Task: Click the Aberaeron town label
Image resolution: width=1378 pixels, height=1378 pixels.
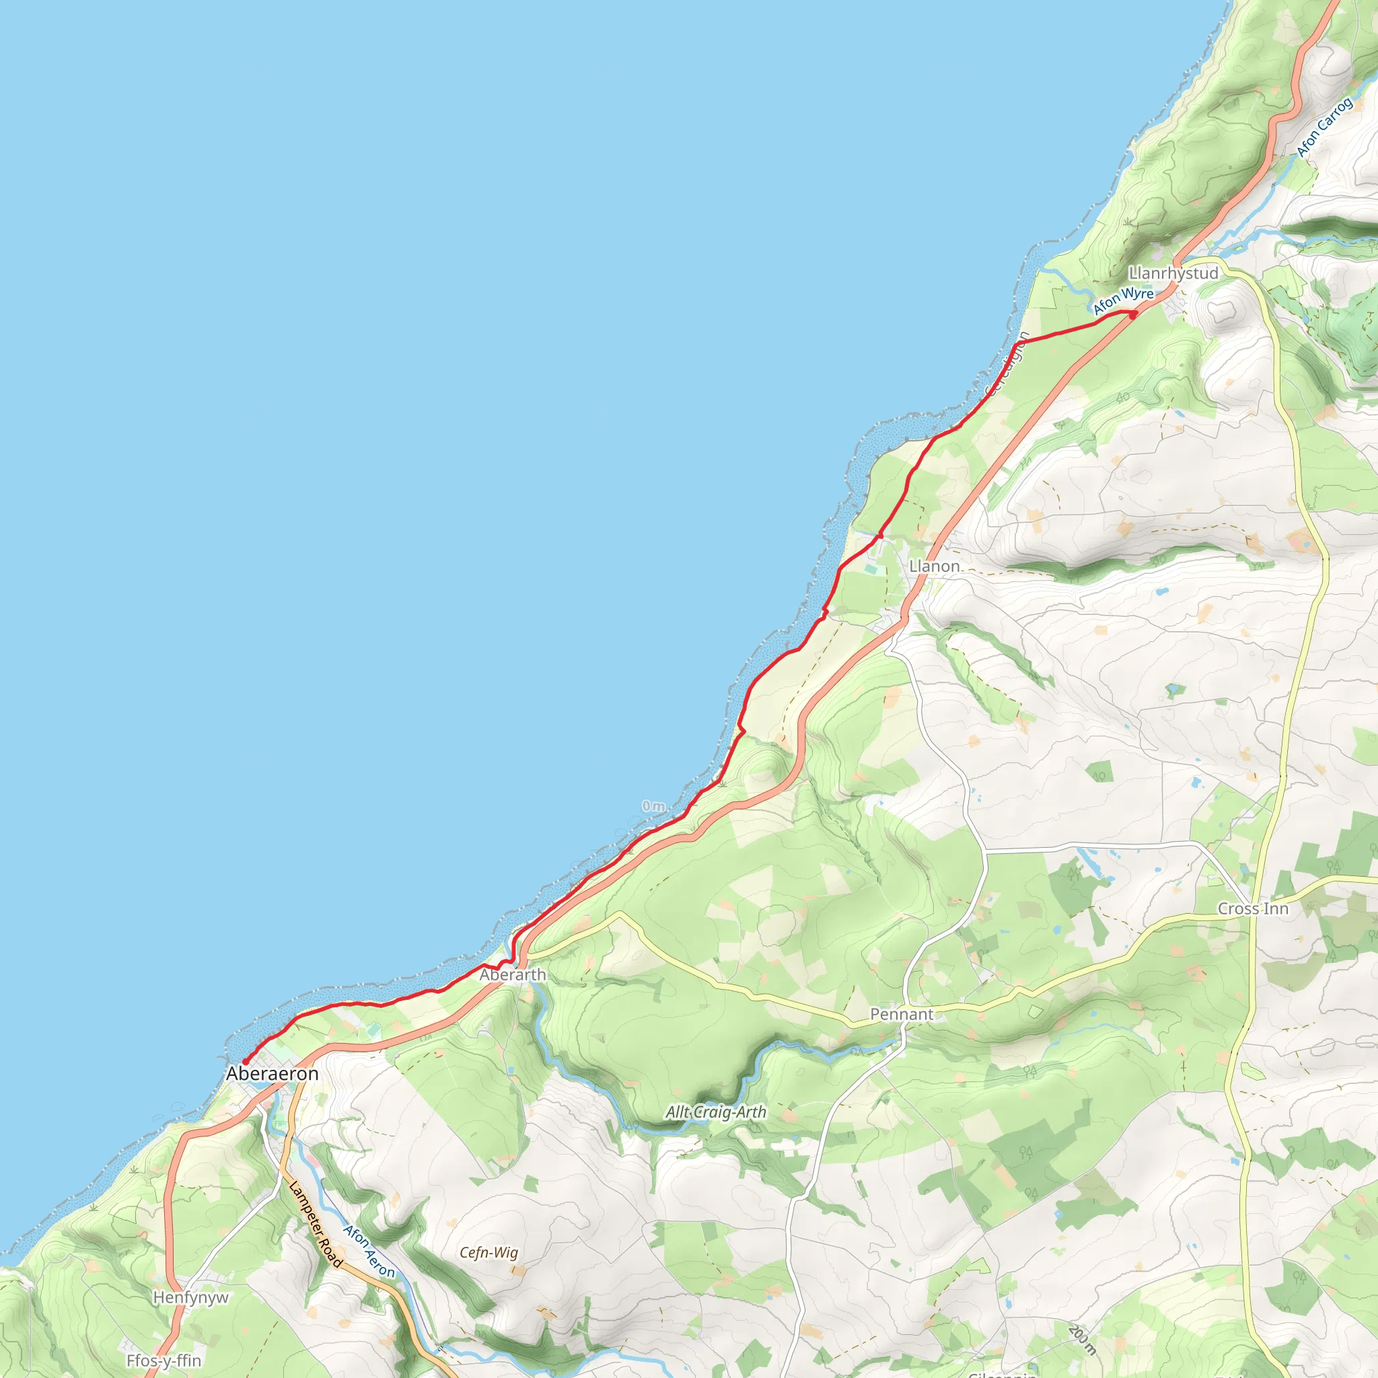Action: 272,1073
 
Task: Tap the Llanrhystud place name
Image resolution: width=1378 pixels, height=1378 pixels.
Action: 1173,273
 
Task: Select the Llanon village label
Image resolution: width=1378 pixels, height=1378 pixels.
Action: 935,566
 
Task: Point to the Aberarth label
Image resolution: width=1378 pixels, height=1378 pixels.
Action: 512,974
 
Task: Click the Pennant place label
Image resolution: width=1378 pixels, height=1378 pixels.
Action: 902,1014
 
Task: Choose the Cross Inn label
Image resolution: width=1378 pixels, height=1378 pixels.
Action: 1253,908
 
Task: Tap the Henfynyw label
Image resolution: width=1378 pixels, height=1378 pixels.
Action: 190,1297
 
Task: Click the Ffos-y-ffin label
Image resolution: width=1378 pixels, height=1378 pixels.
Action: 164,1360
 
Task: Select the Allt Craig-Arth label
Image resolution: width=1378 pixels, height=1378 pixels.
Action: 715,1112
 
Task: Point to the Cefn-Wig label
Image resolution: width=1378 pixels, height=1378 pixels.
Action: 488,1252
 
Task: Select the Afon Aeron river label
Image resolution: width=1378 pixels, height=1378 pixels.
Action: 368,1251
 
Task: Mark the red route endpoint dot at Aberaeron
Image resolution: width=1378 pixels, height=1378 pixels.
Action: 245,1062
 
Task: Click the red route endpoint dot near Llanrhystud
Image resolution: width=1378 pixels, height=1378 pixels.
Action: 1133,314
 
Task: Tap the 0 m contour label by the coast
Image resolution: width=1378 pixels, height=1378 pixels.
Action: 653,807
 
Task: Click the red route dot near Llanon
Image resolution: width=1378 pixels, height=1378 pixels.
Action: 881,535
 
